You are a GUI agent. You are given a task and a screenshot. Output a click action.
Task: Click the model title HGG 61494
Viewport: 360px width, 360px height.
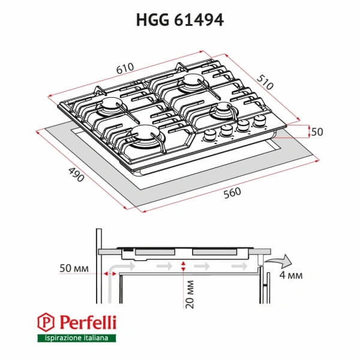point(179,20)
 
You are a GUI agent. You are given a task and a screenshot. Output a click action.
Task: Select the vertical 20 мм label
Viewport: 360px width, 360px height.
point(190,294)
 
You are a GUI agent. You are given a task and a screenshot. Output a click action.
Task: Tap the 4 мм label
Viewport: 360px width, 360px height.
point(290,275)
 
